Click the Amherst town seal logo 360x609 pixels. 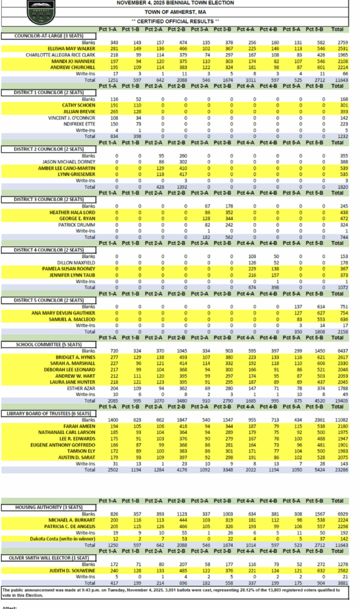click(x=40, y=10)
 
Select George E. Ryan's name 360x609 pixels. click(x=76, y=219)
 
